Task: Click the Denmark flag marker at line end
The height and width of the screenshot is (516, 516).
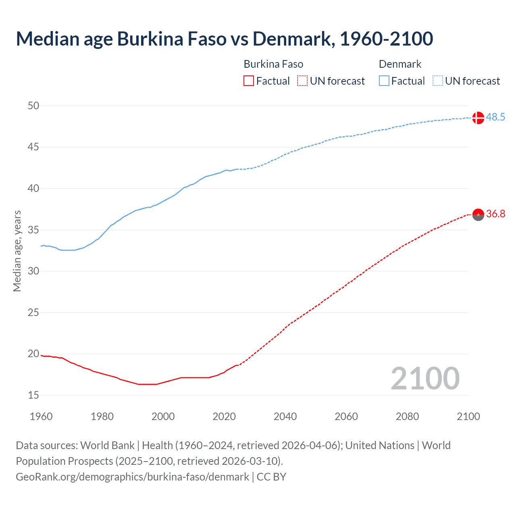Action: (478, 118)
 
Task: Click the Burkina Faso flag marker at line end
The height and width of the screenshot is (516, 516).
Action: (478, 215)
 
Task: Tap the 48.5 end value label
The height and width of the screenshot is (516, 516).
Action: (495, 117)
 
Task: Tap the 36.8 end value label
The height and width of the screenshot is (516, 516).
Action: (495, 214)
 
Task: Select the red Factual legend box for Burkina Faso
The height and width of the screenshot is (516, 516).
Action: (249, 81)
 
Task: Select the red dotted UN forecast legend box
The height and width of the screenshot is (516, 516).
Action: (302, 81)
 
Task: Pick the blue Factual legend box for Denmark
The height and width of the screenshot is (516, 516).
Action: (384, 81)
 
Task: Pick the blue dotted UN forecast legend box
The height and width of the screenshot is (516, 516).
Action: (437, 81)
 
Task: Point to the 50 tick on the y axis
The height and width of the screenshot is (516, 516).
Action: (33, 106)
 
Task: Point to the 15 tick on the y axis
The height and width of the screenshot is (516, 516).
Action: (33, 395)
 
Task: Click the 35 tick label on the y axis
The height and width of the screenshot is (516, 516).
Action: (33, 230)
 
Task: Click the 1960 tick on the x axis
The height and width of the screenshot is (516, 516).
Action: (41, 416)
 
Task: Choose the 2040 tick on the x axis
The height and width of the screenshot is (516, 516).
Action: (285, 416)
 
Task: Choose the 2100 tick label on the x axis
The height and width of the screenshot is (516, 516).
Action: (468, 416)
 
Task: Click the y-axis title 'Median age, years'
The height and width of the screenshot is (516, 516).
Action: (17, 251)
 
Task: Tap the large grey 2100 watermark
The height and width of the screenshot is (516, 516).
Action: (425, 378)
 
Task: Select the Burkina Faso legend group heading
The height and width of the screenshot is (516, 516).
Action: (273, 64)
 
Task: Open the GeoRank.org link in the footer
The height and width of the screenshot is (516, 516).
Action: (132, 477)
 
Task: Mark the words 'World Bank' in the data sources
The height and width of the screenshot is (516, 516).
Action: (107, 445)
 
